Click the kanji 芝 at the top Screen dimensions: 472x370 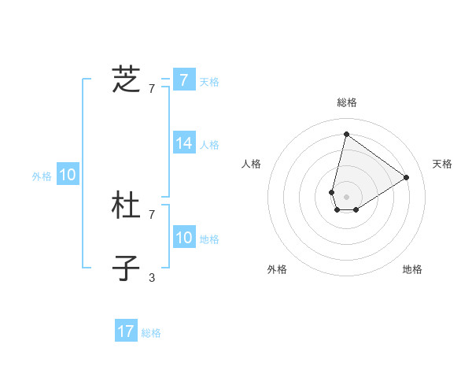pyautogui.click(x=126, y=80)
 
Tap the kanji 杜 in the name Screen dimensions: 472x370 pyautogui.click(x=126, y=207)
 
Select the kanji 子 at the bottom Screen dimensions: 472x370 pyautogui.click(x=126, y=268)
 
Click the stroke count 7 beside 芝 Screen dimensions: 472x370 pyautogui.click(x=152, y=88)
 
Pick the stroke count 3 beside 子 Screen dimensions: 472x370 pyautogui.click(x=152, y=277)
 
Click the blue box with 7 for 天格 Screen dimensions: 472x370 pyautogui.click(x=183, y=80)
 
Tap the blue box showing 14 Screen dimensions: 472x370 pyautogui.click(x=183, y=143)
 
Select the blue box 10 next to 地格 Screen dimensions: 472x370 pyautogui.click(x=183, y=238)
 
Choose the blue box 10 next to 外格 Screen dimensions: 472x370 pyautogui.click(x=68, y=175)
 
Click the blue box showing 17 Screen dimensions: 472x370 pyautogui.click(x=126, y=331)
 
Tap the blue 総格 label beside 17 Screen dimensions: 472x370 pyautogui.click(x=151, y=333)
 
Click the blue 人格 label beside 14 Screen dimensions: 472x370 pyautogui.click(x=209, y=145)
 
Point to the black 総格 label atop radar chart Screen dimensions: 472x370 pyautogui.click(x=346, y=102)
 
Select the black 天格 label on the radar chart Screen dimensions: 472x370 pyautogui.click(x=442, y=164)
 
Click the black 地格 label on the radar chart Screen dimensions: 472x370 pyautogui.click(x=412, y=269)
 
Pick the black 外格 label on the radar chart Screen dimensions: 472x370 pyautogui.click(x=277, y=269)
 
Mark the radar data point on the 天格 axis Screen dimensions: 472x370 pyautogui.click(x=407, y=177)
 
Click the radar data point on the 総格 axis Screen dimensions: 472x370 pyautogui.click(x=346, y=134)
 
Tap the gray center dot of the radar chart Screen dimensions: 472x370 pyautogui.click(x=346, y=196)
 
